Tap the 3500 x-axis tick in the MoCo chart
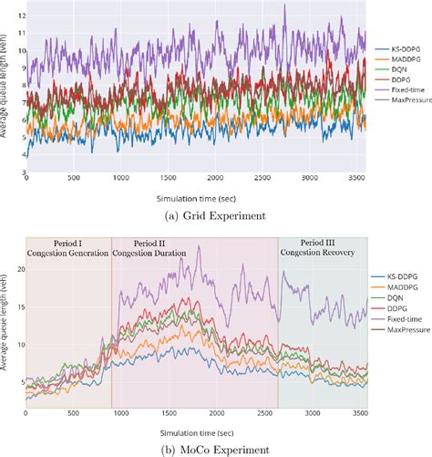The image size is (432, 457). (x=357, y=410)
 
